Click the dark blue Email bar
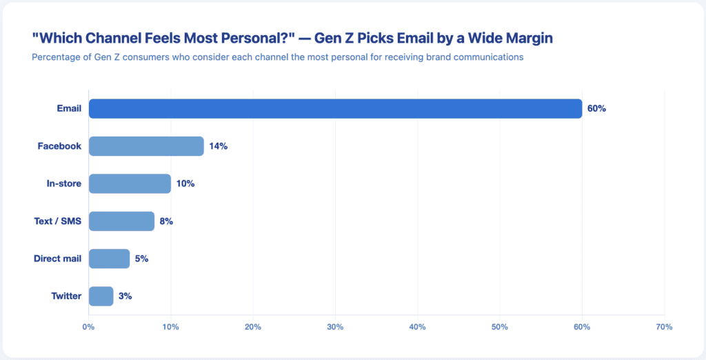[x=335, y=108]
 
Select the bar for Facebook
[x=146, y=146]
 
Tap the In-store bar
[x=130, y=183]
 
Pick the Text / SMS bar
[x=121, y=221]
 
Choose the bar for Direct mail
[x=109, y=259]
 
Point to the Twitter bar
[x=101, y=296]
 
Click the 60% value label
[x=596, y=108]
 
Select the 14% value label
[x=219, y=146]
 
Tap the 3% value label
[x=124, y=296]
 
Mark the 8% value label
[x=166, y=221]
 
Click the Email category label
[x=69, y=108]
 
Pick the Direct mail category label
[x=57, y=259]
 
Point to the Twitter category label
[x=66, y=296]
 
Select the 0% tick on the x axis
[x=88, y=327]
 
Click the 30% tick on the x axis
[x=335, y=327]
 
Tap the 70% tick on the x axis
[x=664, y=327]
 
